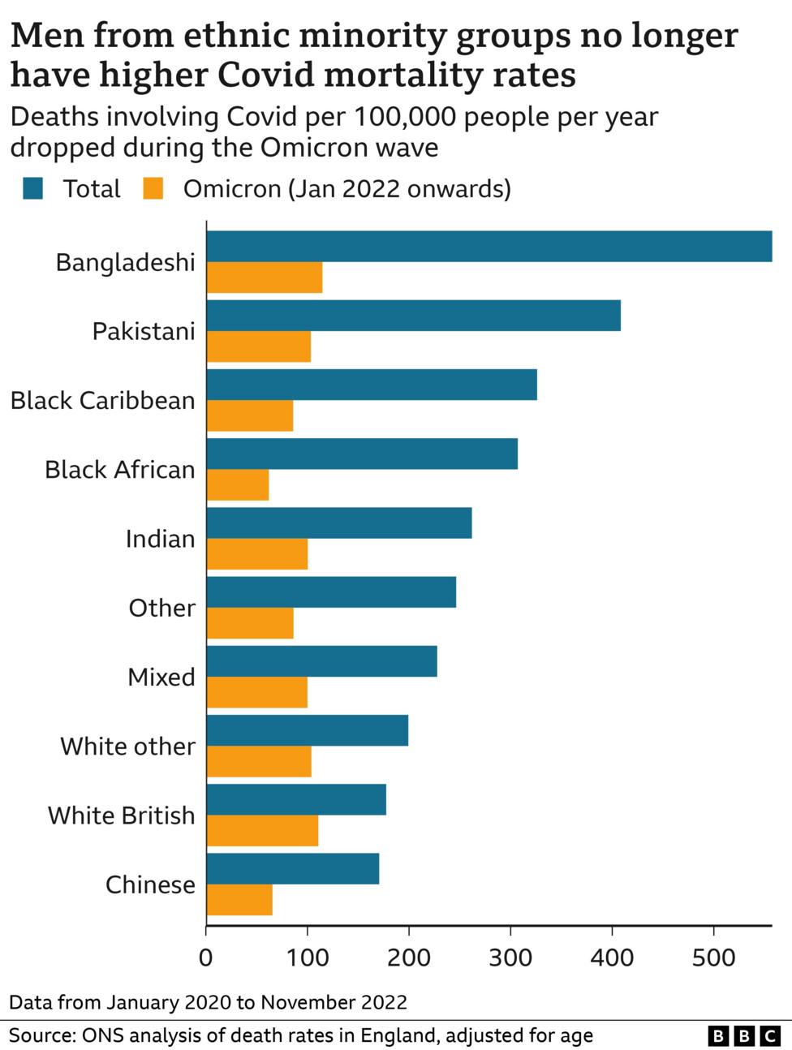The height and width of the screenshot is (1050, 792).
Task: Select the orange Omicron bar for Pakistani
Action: coord(259,347)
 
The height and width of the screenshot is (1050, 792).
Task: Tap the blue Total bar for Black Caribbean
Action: coord(372,385)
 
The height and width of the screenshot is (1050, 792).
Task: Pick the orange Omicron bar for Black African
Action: coord(238,485)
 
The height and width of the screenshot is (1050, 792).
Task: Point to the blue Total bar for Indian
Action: coord(339,523)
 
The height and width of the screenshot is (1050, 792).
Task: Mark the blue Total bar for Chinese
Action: coord(293,868)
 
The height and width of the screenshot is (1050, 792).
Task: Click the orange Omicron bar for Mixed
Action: coord(257,692)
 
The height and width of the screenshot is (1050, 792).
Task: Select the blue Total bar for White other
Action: coord(308,730)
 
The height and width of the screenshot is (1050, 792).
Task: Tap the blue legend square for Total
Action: coord(33,189)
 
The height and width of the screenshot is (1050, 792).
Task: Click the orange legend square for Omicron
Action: coord(153,189)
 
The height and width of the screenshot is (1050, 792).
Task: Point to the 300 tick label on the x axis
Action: coord(510,957)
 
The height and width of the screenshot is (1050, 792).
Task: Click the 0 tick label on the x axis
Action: coord(206,957)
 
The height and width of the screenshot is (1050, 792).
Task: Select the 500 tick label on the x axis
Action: coord(713,957)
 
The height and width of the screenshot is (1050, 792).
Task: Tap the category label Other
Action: coord(161,608)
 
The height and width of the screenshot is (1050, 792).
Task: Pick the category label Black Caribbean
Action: coord(103,401)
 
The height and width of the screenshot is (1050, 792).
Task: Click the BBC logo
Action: coord(744,1035)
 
